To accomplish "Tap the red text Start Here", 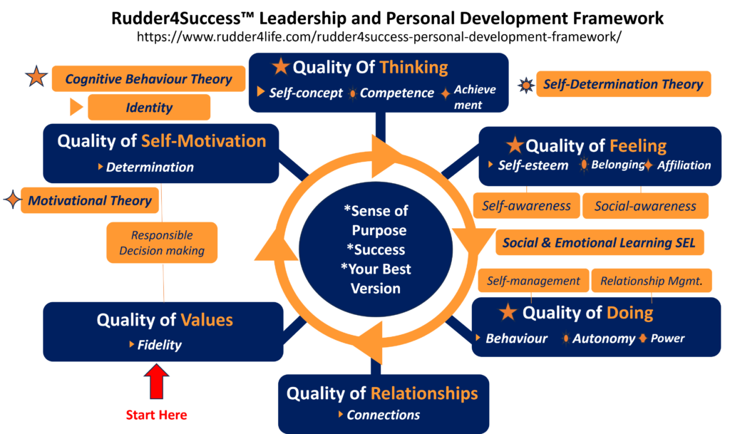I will tap(157, 415).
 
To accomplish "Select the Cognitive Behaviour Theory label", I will tap(148, 78).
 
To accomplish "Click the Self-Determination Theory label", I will tap(623, 84).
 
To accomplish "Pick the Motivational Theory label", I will tap(89, 201).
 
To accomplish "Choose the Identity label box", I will tap(149, 108).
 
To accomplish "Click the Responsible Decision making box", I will tap(162, 242).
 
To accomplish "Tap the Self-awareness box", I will tap(526, 206).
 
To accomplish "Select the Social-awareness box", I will tap(645, 206).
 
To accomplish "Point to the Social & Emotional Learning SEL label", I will tap(600, 242).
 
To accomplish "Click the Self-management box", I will tap(533, 281).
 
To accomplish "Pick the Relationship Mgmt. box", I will tap(651, 281).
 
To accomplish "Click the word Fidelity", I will tap(160, 345).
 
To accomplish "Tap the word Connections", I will tap(383, 415).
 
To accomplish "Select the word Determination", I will tap(150, 167).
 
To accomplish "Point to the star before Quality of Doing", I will tap(508, 312).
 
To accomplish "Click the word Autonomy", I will tap(603, 339).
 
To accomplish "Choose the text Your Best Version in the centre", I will tap(376, 279).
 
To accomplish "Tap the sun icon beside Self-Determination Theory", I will tap(526, 85).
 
